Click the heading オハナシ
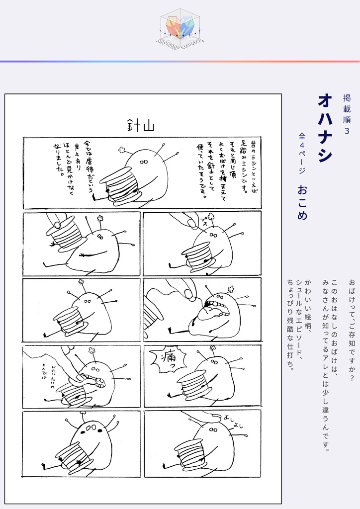tap(325, 128)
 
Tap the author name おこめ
tap(302, 202)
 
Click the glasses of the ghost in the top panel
tap(144, 162)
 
